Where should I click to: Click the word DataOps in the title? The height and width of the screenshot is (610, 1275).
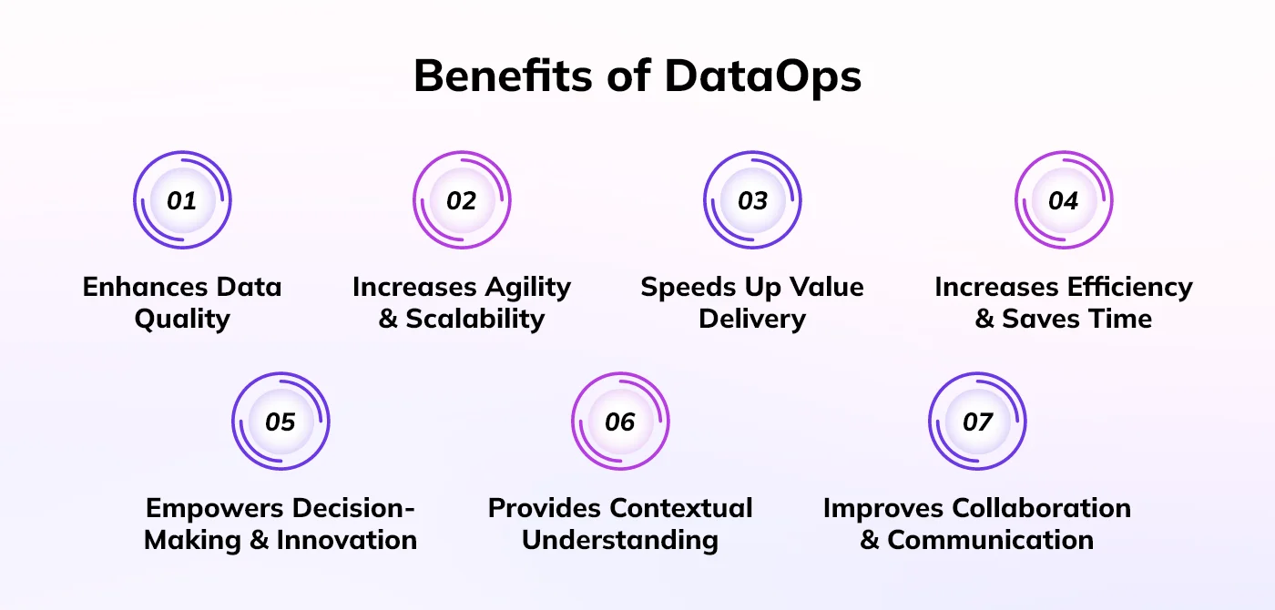(763, 76)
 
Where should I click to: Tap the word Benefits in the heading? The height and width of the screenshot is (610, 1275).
(503, 75)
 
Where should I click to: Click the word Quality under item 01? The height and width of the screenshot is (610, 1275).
(183, 320)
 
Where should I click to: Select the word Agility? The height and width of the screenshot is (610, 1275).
(527, 288)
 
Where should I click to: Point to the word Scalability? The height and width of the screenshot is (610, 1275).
(475, 320)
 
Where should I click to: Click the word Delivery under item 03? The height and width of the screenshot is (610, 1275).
(752, 320)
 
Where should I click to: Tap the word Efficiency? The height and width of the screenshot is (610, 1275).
(1129, 288)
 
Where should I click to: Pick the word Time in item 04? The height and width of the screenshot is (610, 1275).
(1124, 319)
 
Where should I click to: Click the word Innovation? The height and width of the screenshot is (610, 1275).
(347, 540)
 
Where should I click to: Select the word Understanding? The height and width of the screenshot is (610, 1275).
(620, 541)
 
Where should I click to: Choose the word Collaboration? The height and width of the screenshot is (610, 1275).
(1041, 508)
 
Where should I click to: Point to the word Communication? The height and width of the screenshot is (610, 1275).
(991, 540)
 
